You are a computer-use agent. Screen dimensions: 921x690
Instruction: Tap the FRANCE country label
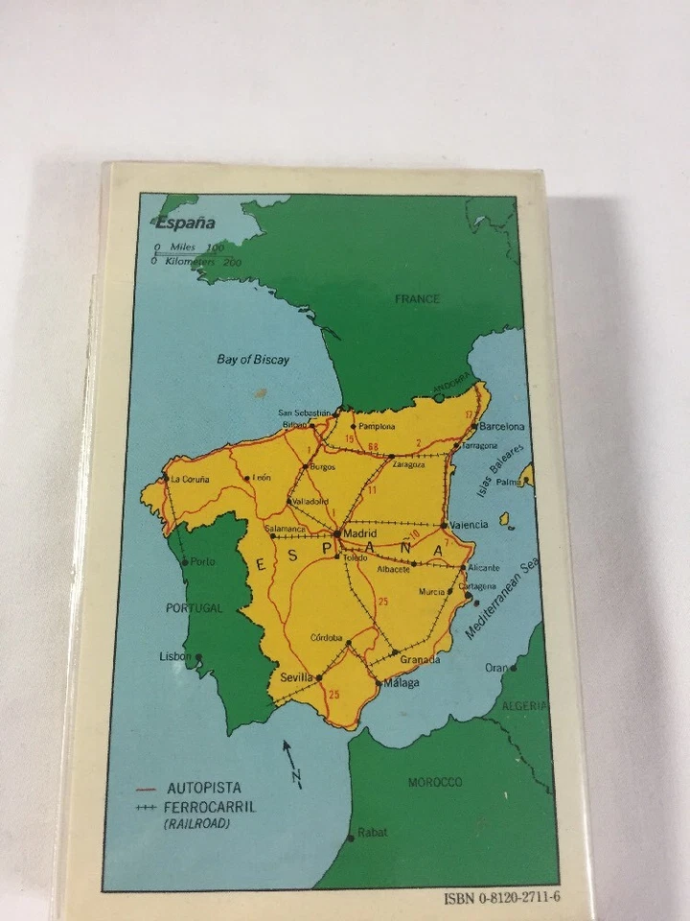tap(418, 299)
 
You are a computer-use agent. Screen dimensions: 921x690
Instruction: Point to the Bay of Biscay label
tap(253, 360)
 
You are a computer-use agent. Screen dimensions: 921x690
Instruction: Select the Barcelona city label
tap(502, 426)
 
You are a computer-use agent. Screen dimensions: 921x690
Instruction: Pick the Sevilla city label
tap(297, 677)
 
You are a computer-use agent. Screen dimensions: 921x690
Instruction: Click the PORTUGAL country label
tap(194, 608)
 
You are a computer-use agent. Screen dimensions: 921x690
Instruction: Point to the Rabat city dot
tap(351, 838)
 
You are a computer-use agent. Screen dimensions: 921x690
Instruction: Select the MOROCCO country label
tap(435, 783)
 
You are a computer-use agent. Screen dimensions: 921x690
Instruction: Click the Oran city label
tap(496, 668)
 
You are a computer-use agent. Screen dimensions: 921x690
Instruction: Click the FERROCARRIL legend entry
tap(211, 807)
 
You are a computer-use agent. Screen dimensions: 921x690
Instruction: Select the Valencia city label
tap(469, 525)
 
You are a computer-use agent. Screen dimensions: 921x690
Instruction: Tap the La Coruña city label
tap(189, 478)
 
